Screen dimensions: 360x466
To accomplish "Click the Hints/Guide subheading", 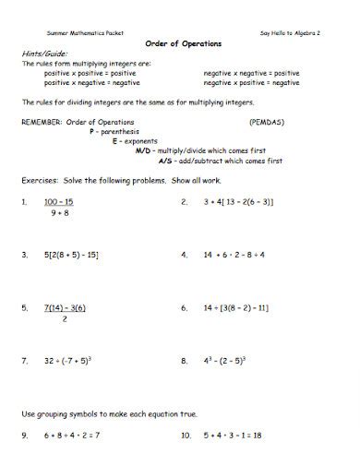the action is point(40,54).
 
